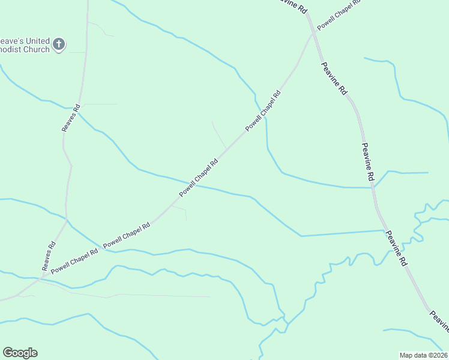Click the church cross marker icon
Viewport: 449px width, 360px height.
tap(59, 44)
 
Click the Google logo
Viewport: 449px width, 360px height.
tap(20, 353)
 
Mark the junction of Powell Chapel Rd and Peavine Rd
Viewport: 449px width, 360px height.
tap(312, 34)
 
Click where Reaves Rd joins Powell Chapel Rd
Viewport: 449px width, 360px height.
tap(41, 279)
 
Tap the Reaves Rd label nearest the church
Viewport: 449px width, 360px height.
tap(71, 118)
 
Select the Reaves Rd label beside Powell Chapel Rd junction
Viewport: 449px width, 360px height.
tap(49, 256)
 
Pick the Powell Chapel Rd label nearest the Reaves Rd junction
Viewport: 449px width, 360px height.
tap(74, 262)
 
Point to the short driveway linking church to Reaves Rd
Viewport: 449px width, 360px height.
tap(77, 52)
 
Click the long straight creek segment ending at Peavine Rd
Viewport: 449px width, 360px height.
tap(342, 233)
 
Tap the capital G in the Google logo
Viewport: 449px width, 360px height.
tap(8, 353)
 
